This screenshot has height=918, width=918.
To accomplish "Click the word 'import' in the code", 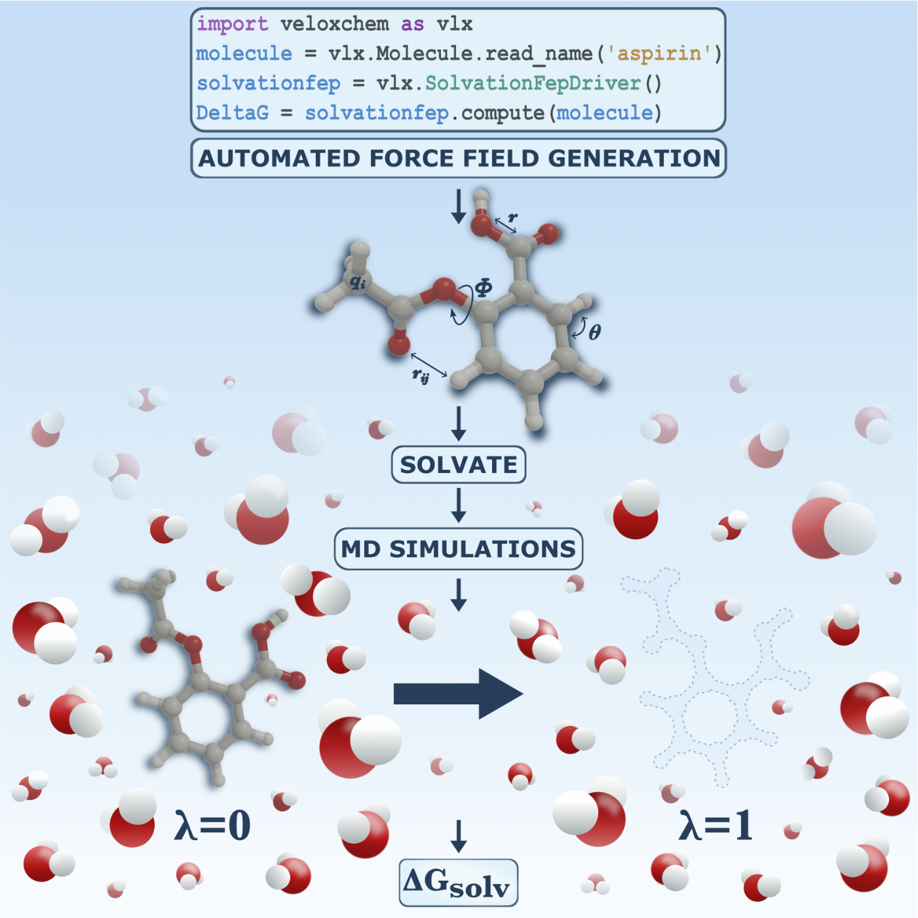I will click(x=232, y=24).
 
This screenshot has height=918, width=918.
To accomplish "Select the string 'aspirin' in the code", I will click(x=659, y=53).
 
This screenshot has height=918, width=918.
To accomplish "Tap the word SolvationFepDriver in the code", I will click(x=532, y=83).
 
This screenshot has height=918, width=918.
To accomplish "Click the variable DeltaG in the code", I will click(x=232, y=113).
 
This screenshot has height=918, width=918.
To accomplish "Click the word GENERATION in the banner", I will click(x=634, y=159).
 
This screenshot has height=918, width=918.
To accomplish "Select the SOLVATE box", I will click(x=459, y=465).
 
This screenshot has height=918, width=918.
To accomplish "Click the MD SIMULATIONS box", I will click(x=458, y=549).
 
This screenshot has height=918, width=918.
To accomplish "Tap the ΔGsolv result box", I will click(x=458, y=883).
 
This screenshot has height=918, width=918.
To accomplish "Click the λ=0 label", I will click(x=212, y=825).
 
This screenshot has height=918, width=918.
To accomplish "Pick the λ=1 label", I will click(x=716, y=825).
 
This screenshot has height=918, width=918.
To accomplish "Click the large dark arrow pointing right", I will click(x=458, y=694).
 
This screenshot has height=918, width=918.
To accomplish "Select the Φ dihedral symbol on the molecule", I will click(x=483, y=288).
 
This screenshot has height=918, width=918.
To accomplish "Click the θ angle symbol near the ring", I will click(x=594, y=332).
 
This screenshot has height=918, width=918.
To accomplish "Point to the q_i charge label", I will click(x=358, y=282).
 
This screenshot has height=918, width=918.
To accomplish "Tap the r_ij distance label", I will click(x=420, y=375).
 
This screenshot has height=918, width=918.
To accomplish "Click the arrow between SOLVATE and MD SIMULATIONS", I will click(x=459, y=505).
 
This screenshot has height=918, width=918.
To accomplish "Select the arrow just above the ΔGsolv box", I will click(x=459, y=836).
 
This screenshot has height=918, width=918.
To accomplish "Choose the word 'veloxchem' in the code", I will click(x=334, y=24).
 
